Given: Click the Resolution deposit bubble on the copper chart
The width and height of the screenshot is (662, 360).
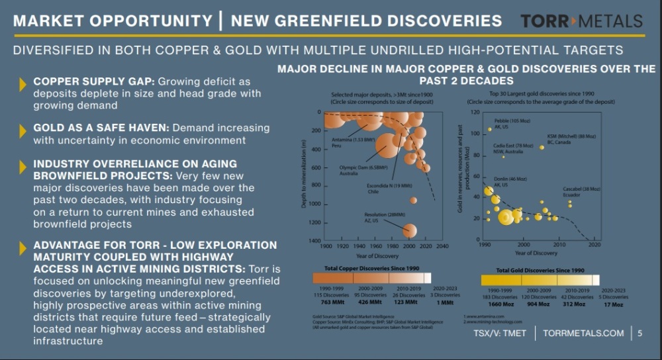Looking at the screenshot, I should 410,230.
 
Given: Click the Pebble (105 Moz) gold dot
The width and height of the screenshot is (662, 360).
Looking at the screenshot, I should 489,129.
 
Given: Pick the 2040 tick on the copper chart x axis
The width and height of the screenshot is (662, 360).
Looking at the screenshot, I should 442,247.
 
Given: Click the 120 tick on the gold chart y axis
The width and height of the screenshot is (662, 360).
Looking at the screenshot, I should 474,112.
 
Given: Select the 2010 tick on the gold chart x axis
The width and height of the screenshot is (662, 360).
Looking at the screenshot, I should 559,245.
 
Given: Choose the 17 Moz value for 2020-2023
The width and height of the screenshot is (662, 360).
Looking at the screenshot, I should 613,304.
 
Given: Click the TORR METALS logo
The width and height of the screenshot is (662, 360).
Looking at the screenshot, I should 581,21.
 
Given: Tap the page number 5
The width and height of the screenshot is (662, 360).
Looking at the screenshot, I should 639,334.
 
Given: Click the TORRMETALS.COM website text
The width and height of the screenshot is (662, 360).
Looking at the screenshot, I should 583,334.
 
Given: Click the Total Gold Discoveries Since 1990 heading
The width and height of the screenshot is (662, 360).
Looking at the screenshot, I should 540,271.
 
